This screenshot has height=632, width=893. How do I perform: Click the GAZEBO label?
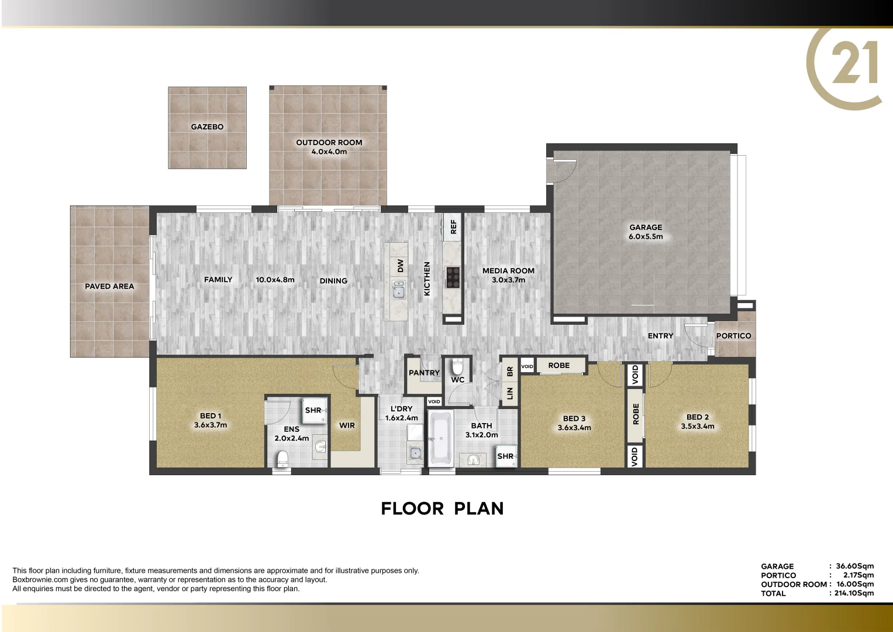[x=207, y=127]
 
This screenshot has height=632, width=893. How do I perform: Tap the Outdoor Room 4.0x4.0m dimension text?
[x=329, y=152]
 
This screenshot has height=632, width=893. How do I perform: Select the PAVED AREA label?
[x=109, y=286]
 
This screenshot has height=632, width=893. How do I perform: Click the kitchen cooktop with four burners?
[x=453, y=277]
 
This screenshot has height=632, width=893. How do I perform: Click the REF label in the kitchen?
[x=453, y=227]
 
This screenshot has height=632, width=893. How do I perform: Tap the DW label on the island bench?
[x=401, y=266]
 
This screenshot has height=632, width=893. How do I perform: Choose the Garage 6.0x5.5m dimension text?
[x=646, y=237]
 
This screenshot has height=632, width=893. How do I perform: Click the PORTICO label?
[x=733, y=336]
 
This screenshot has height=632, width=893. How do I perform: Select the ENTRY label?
[x=660, y=336]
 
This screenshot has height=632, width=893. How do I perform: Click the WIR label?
[x=347, y=425]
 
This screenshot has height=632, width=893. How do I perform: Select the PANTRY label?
[x=424, y=373]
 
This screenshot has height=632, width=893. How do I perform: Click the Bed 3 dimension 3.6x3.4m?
[x=574, y=428]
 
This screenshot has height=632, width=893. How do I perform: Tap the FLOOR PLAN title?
[x=442, y=509]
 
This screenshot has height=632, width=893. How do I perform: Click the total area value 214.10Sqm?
[x=854, y=593]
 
